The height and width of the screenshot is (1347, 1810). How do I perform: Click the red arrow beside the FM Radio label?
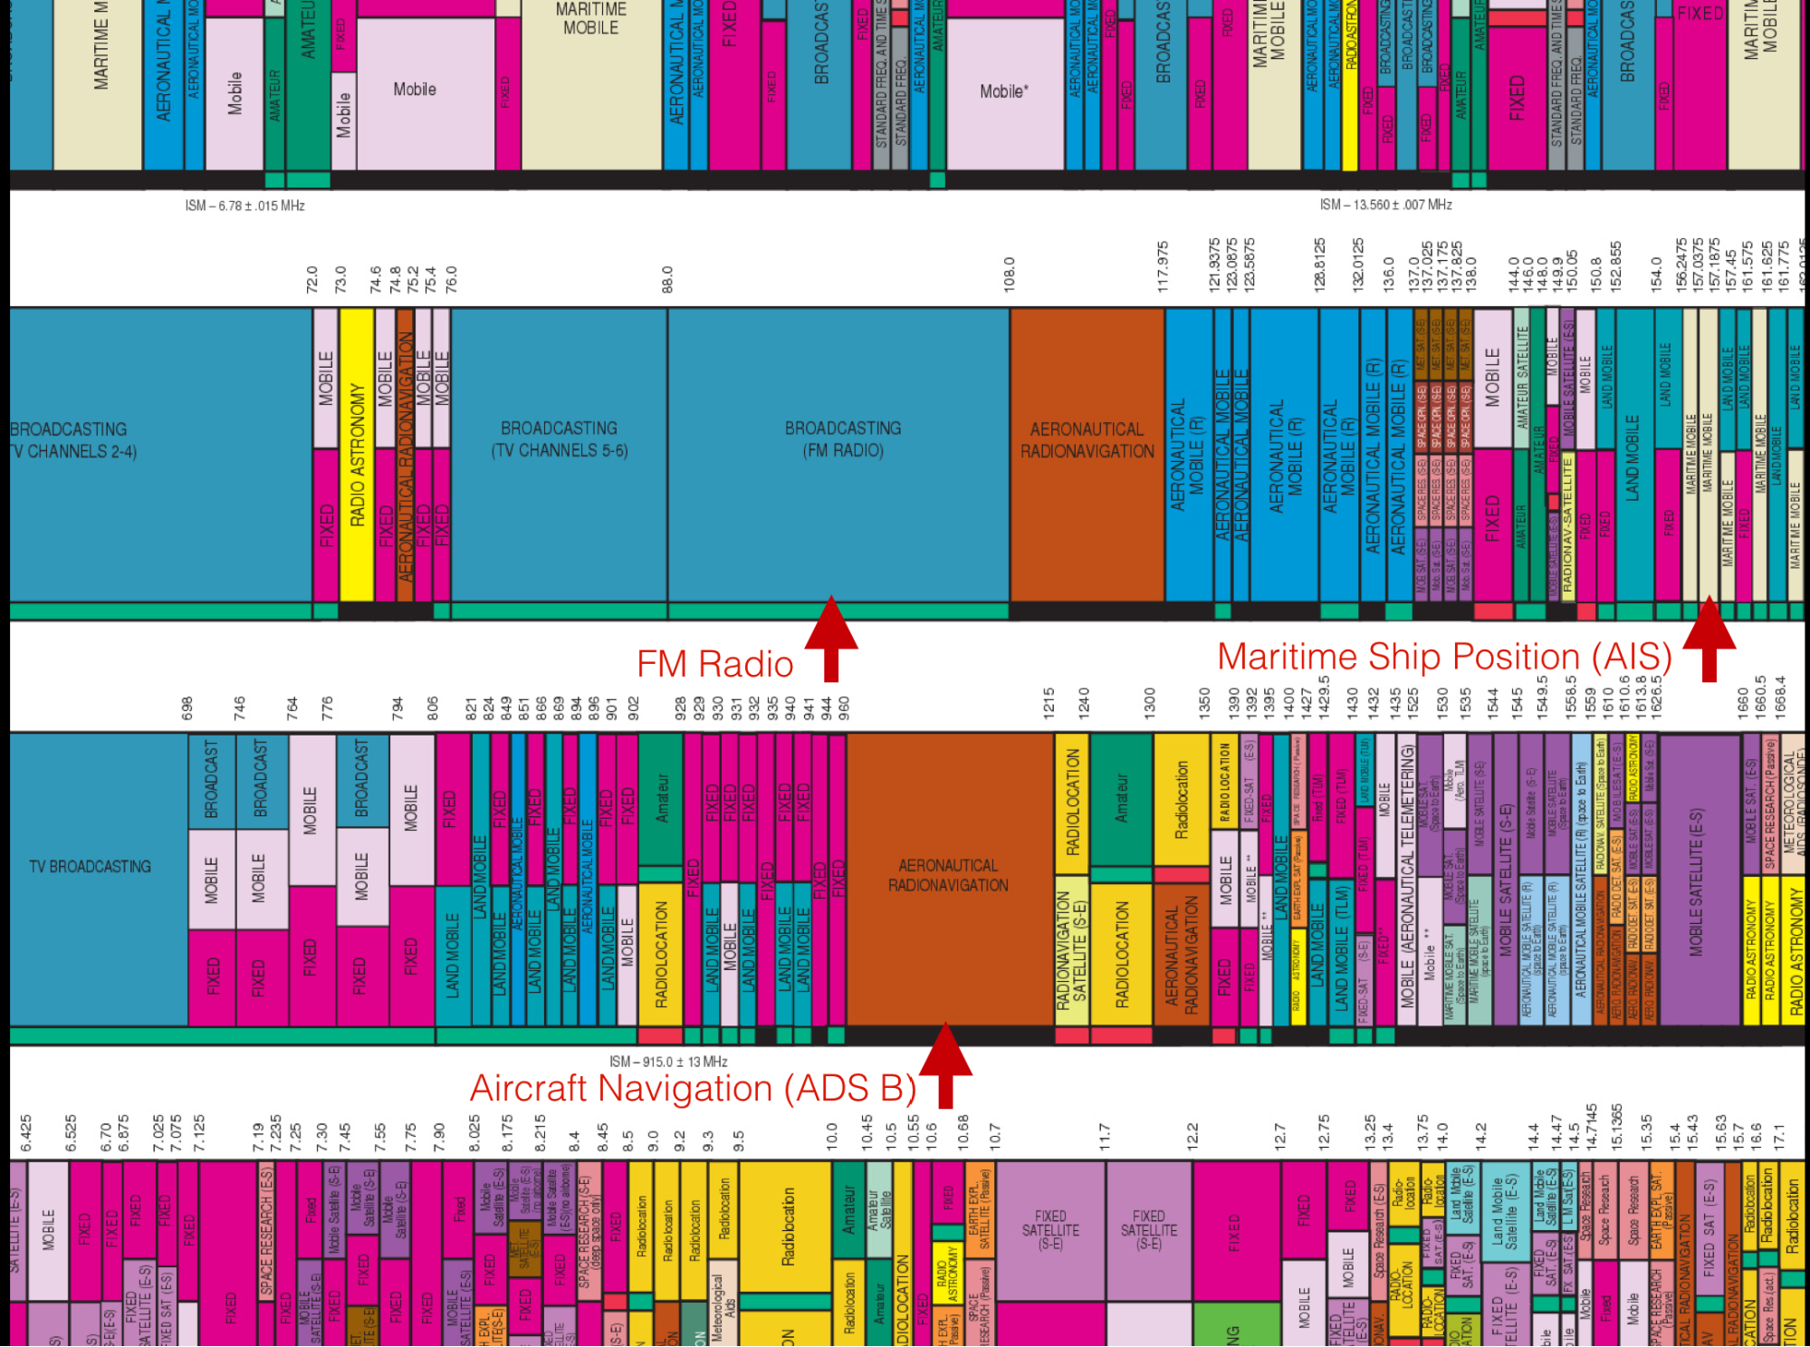pyautogui.click(x=831, y=638)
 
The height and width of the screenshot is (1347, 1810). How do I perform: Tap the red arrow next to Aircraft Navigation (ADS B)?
pyautogui.click(x=945, y=1064)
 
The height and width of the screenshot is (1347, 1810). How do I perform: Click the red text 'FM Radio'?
pyautogui.click(x=714, y=664)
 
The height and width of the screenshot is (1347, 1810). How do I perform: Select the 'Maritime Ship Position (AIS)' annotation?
pyautogui.click(x=1444, y=657)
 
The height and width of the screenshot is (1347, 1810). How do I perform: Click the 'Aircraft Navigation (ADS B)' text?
pyautogui.click(x=693, y=1088)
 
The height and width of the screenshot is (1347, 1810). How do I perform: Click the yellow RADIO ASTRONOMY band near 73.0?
pyautogui.click(x=357, y=453)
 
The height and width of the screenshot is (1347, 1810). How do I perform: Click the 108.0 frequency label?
pyautogui.click(x=1009, y=274)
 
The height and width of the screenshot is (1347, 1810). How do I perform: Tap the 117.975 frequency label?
pyautogui.click(x=1163, y=266)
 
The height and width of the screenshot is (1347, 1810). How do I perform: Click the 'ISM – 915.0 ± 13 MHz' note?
pyautogui.click(x=668, y=1062)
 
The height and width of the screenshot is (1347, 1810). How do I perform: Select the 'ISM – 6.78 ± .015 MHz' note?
pyautogui.click(x=244, y=206)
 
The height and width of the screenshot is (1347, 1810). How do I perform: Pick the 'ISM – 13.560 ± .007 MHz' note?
pyautogui.click(x=1385, y=205)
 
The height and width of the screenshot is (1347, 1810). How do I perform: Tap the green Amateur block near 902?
pyautogui.click(x=661, y=797)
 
